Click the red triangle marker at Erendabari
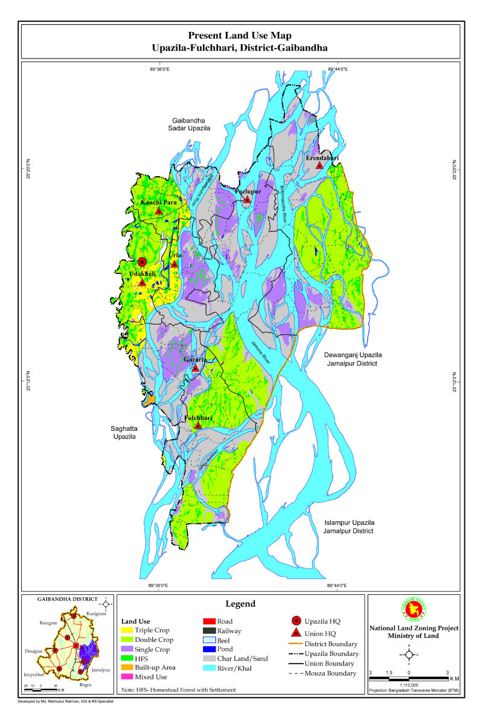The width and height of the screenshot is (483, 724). coord(319,165)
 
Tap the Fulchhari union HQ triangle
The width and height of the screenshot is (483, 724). coord(198,425)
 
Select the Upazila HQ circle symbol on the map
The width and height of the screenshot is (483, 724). coord(142,262)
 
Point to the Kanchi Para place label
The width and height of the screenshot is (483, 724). coord(158,203)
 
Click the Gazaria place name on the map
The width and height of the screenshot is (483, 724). coord(195,360)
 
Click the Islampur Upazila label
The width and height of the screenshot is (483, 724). coord(348,527)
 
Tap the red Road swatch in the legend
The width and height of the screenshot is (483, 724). coord(208,621)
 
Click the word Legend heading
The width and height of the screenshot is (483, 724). coord(240,604)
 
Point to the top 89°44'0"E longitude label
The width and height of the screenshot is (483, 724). coord(337,69)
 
